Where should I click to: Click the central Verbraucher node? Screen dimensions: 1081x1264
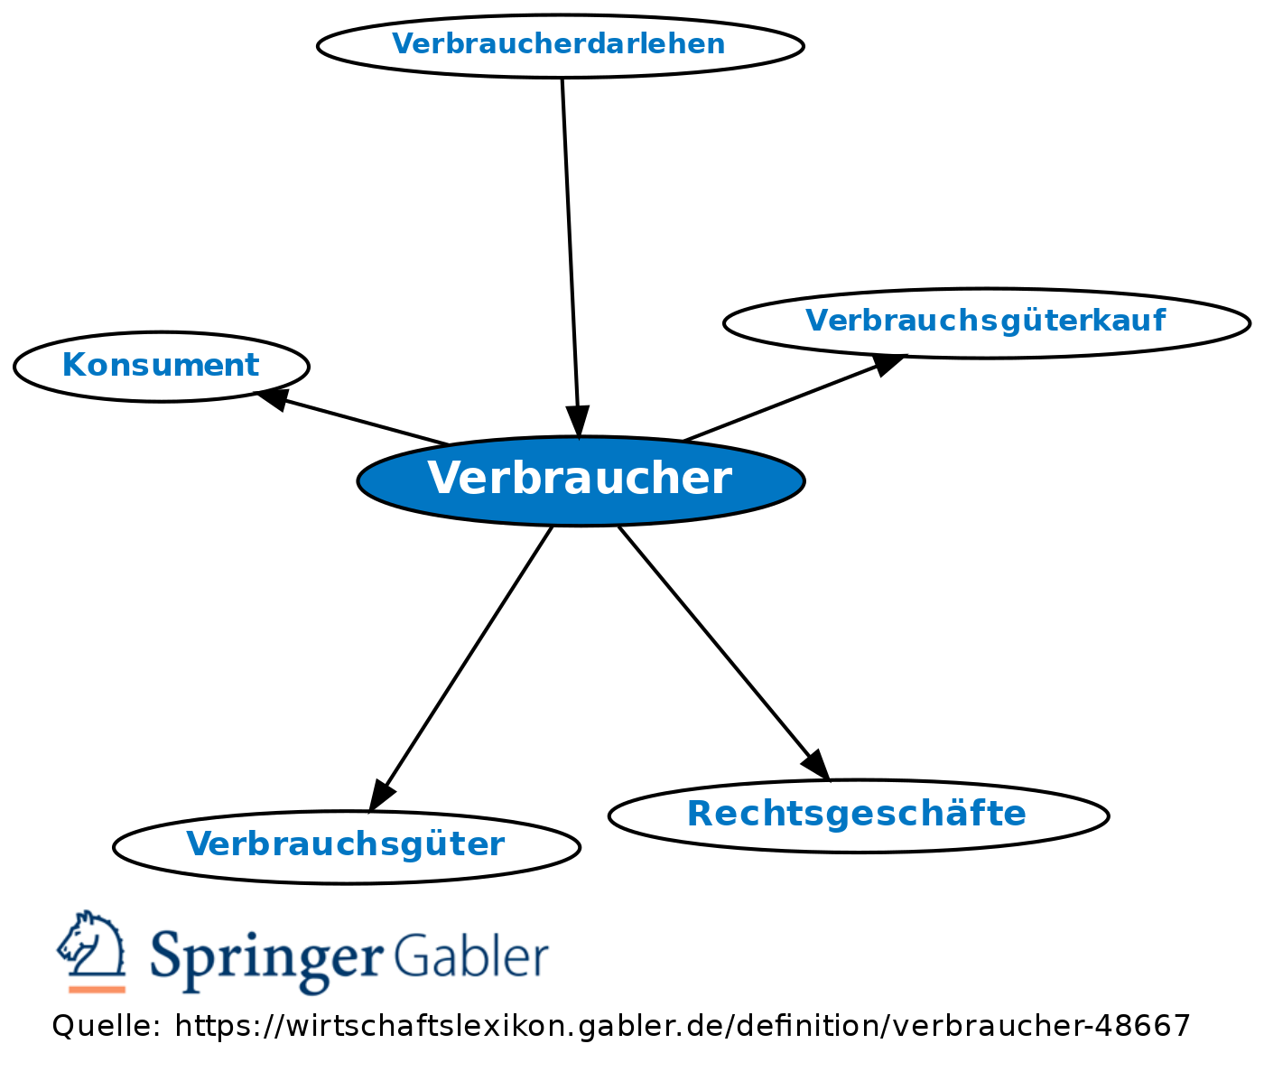581,480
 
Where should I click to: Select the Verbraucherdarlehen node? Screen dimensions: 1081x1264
560,44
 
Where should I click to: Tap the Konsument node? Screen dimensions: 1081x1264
161,366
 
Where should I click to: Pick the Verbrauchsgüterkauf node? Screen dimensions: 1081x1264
986,322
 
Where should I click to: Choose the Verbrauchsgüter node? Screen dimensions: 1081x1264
346,845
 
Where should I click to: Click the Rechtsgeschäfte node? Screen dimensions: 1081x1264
858,815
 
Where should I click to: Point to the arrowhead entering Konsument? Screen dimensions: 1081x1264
273,398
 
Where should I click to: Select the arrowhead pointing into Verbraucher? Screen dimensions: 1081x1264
577,422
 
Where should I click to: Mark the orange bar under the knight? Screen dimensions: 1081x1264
97,989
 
